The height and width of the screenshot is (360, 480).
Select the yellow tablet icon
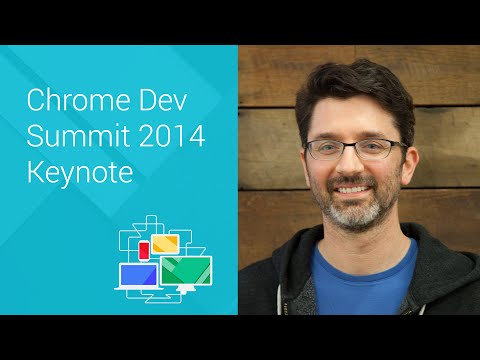[164, 243]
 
